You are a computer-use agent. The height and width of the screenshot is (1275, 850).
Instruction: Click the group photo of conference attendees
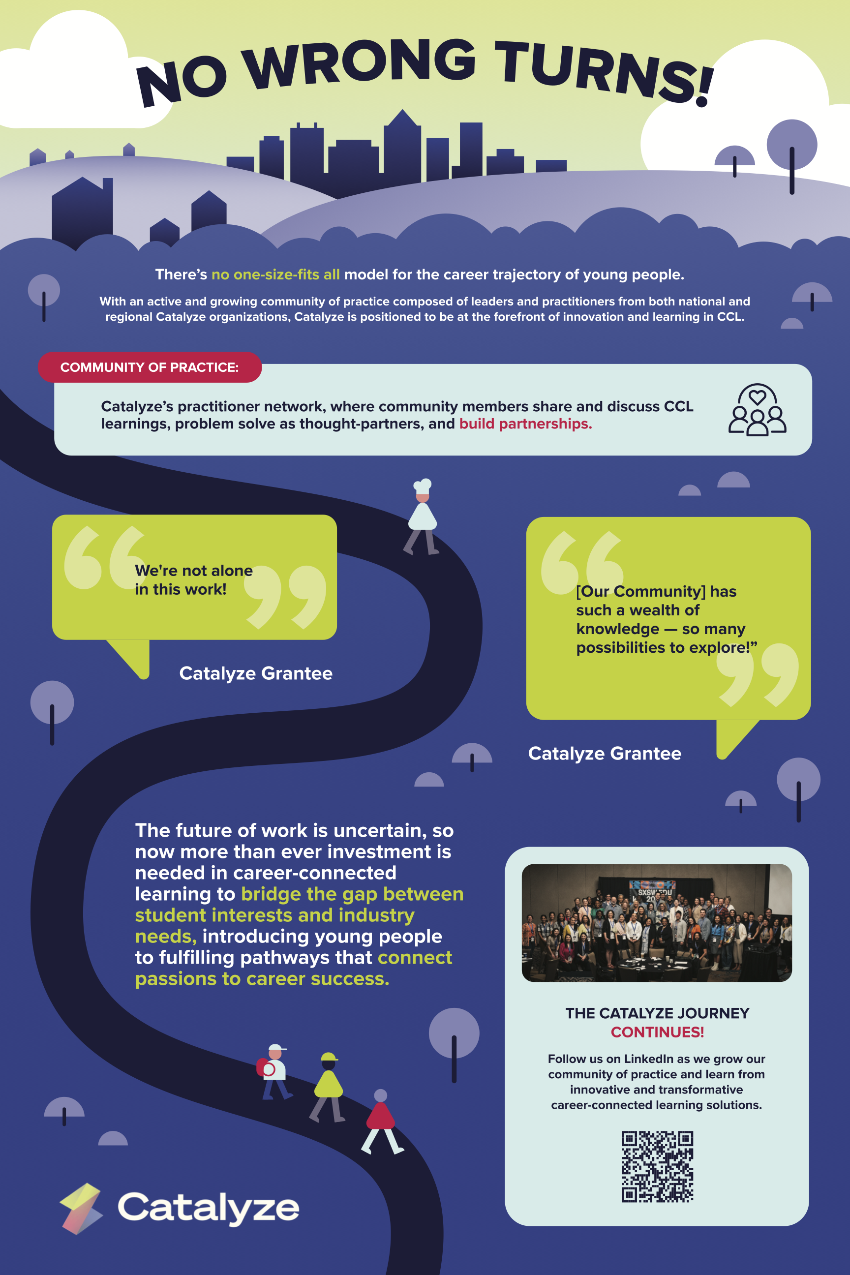click(657, 922)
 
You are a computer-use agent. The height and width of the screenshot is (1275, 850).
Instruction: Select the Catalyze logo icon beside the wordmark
click(81, 1208)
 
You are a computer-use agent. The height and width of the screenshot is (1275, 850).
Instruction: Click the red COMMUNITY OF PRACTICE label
click(150, 367)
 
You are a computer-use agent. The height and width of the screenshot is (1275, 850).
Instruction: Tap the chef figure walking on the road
click(422, 516)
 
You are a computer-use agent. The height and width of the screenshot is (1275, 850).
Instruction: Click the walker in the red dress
click(382, 1122)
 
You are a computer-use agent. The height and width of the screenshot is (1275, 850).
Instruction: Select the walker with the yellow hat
click(328, 1087)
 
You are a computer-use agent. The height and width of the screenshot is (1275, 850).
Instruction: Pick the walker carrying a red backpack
click(274, 1072)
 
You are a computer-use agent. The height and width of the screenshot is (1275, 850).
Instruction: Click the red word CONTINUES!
click(657, 1032)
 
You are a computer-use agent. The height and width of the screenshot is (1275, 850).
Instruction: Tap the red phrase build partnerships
click(525, 424)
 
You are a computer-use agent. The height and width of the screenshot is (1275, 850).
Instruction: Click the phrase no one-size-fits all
click(275, 274)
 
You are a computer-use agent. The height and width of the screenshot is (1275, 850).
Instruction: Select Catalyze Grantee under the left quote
click(256, 673)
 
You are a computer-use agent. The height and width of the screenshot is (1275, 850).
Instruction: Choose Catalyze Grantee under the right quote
click(605, 754)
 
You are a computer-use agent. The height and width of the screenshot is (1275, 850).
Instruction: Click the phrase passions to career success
click(262, 978)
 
